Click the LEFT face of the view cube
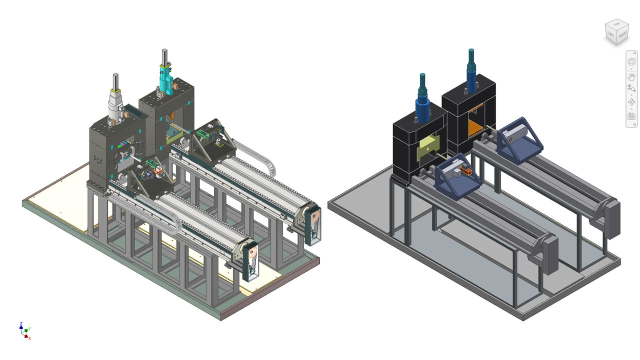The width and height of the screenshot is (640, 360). click(610, 34)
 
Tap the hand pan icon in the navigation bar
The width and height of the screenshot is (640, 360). click(631, 76)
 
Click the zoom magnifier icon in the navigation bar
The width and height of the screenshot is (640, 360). click(631, 88)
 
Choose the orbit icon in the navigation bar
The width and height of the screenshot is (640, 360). click(631, 102)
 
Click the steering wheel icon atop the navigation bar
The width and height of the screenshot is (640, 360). click(631, 62)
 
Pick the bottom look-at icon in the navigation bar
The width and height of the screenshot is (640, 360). click(631, 116)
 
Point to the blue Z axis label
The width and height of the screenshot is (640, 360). click(21, 324)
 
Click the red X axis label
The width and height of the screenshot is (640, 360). click(29, 338)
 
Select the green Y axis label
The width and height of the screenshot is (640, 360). click(30, 328)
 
